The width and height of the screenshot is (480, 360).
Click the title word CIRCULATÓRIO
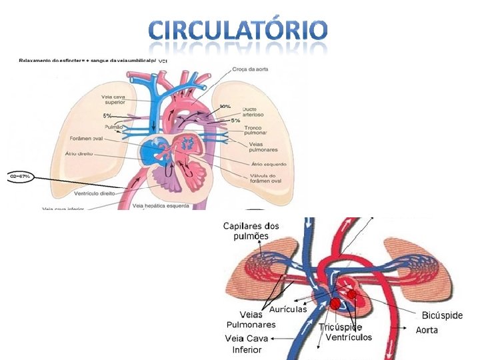pyautogui.click(x=238, y=30)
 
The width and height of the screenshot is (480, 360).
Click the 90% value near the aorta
pyautogui.click(x=225, y=107)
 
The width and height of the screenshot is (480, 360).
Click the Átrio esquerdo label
pyautogui.click(x=269, y=164)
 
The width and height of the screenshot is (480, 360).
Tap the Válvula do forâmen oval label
pyautogui.click(x=267, y=178)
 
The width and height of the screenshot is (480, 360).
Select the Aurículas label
pyautogui.click(x=287, y=309)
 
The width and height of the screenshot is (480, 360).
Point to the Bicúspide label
pyautogui.click(x=442, y=315)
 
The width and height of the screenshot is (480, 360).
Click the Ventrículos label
pyautogui.click(x=349, y=337)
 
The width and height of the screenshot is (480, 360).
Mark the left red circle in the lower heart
pyautogui.click(x=335, y=304)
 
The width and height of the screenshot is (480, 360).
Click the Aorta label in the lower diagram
pyautogui.click(x=427, y=330)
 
